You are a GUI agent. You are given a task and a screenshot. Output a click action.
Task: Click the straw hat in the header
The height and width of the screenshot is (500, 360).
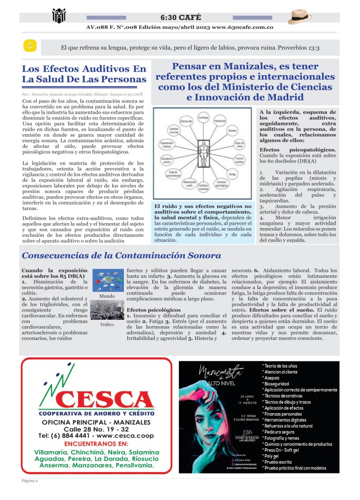pos(300,18)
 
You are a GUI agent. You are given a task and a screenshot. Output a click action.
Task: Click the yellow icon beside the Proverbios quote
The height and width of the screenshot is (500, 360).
pos(30,46)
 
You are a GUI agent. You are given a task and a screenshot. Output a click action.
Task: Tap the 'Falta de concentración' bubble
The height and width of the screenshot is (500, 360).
pos(172,174)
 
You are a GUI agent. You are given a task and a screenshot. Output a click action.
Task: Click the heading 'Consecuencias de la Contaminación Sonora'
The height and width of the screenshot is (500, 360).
pos(121,255)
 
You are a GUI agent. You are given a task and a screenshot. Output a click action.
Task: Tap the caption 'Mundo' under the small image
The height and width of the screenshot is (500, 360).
pos(107,296)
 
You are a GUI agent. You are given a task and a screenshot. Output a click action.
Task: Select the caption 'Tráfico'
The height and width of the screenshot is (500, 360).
pos(107,324)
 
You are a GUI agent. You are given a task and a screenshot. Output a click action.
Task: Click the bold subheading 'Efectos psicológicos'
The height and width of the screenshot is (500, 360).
pos(153,310)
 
